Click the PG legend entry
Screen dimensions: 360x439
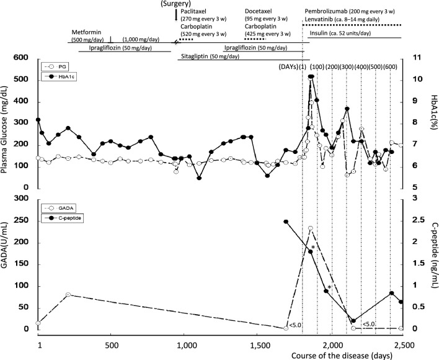point(60,66)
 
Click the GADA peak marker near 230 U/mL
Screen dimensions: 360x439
point(310,228)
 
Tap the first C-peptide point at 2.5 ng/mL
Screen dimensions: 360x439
point(286,222)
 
